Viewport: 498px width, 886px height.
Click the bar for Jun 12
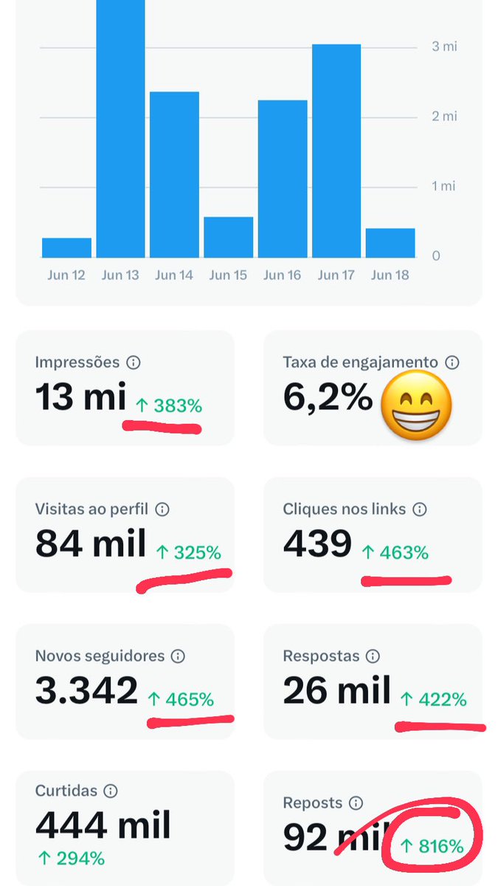66,247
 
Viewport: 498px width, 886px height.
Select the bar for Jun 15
229,237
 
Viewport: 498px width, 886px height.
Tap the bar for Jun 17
336,151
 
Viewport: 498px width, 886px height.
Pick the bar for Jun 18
390,243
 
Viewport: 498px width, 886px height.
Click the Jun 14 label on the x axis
174,275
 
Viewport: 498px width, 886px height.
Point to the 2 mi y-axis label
444,117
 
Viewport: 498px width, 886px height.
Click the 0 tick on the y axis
436,256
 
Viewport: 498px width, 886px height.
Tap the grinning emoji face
416,405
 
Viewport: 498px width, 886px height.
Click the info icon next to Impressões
134,363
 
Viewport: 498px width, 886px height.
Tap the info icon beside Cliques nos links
420,509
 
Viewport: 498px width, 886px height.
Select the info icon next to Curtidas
111,791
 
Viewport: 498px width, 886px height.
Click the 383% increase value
169,406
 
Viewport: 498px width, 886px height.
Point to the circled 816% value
432,846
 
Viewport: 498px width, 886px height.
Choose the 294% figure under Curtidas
72,859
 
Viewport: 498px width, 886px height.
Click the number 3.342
86,690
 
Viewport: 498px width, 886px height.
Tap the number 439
317,543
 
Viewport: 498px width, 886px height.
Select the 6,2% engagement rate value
328,397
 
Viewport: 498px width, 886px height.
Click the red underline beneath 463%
407,581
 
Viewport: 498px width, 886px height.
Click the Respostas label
322,656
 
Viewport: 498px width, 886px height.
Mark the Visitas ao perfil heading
91,509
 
